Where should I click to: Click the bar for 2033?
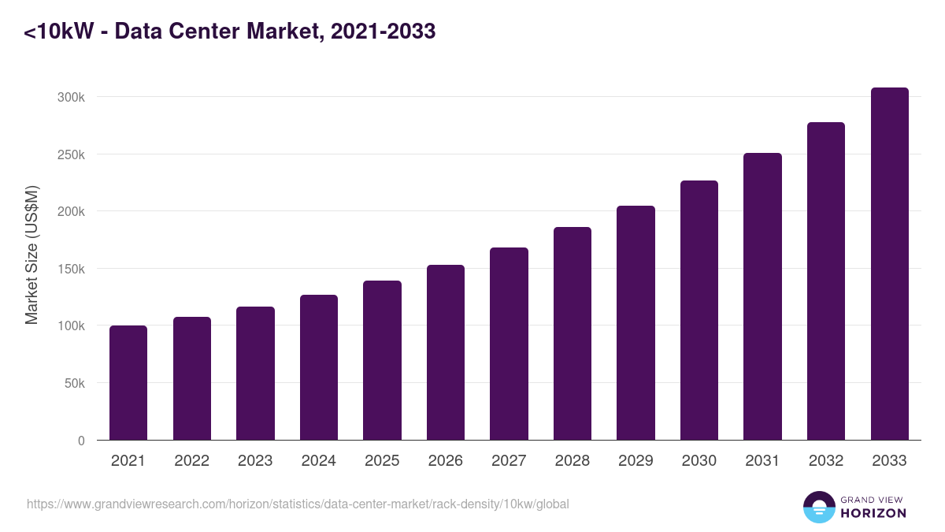click(889, 263)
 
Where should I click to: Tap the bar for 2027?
click(509, 344)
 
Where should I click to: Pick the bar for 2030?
click(699, 310)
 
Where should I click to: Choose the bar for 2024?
click(319, 367)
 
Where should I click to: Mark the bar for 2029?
click(636, 322)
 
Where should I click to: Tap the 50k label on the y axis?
click(76, 383)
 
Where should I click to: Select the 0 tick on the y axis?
click(81, 441)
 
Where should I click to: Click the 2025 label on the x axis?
click(382, 461)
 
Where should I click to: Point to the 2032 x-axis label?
click(826, 461)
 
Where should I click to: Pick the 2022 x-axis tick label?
click(191, 461)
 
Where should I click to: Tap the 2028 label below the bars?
click(573, 461)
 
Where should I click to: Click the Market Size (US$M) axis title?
click(31, 255)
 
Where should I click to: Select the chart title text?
click(229, 32)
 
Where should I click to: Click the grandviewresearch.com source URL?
click(298, 504)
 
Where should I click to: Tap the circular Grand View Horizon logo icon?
click(819, 507)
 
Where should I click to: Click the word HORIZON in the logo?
click(873, 513)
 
